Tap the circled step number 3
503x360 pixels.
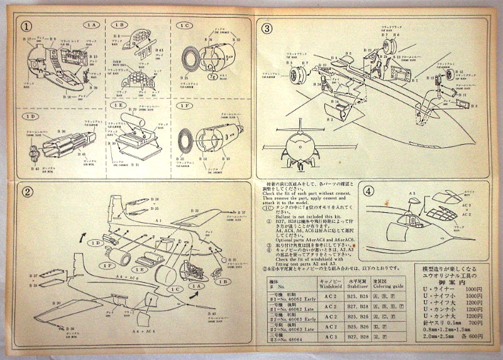point(267,28)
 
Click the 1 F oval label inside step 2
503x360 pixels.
point(106,266)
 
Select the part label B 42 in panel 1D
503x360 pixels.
point(33,168)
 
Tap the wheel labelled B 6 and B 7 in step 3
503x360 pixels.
point(298,76)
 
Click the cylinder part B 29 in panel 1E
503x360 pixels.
point(133,120)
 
